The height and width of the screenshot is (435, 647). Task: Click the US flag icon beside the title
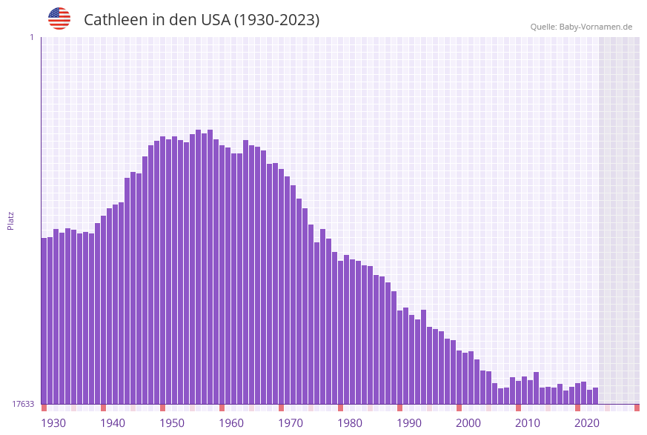coord(59,19)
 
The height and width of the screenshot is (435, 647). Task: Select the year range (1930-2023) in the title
coord(276,20)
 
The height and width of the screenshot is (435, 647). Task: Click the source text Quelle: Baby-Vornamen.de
coord(581,27)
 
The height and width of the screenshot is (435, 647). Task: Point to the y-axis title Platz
coord(10,220)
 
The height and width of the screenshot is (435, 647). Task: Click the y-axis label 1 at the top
coord(31,37)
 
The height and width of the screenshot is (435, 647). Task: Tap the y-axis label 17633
coord(22,404)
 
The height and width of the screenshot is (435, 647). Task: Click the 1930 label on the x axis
coord(53,423)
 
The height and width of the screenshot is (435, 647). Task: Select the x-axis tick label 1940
coord(113,423)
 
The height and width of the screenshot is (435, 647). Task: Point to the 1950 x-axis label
coord(172,423)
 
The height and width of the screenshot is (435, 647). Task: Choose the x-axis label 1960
coord(231,423)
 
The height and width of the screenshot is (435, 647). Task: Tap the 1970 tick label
coord(291,423)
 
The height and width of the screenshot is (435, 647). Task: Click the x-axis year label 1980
coord(350,423)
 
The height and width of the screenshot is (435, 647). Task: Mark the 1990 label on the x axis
coord(409,423)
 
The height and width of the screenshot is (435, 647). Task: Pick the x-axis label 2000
coord(468,423)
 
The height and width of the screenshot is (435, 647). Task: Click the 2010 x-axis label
coord(528,423)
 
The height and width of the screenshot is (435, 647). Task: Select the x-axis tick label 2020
coord(587,423)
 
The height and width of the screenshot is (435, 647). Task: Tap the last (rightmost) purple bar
coord(595,396)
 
